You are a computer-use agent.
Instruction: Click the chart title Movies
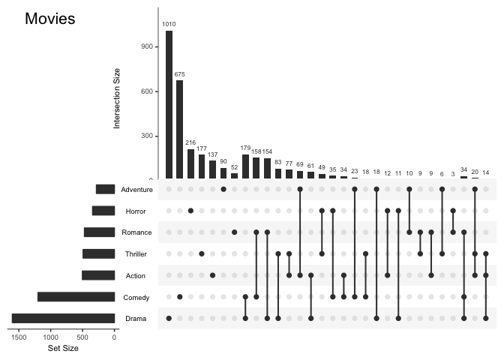[50, 19]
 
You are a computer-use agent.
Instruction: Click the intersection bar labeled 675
[180, 128]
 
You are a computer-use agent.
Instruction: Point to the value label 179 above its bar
[245, 148]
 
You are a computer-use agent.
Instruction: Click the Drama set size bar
[63, 319]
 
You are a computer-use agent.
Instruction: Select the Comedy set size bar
[76, 297]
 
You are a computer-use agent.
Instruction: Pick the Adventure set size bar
[105, 190]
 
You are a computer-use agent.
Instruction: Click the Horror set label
[136, 211]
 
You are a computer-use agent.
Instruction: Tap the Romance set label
[136, 232]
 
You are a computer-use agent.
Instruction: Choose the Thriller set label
[136, 254]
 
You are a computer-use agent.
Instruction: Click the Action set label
[136, 276]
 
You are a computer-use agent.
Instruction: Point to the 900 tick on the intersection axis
[147, 46]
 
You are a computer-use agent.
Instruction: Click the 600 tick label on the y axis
[147, 91]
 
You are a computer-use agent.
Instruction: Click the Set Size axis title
[63, 349]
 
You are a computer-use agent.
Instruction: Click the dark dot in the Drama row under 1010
[169, 319]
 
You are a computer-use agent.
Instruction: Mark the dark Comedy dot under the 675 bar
[180, 297]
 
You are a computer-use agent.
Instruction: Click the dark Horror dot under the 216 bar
[190, 211]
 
